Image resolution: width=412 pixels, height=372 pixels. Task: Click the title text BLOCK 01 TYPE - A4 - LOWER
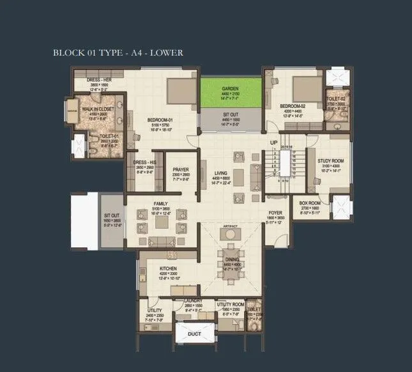tap(118, 52)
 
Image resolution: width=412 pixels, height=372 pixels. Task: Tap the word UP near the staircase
tap(273, 142)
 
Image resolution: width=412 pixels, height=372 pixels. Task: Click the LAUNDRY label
tap(193, 300)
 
